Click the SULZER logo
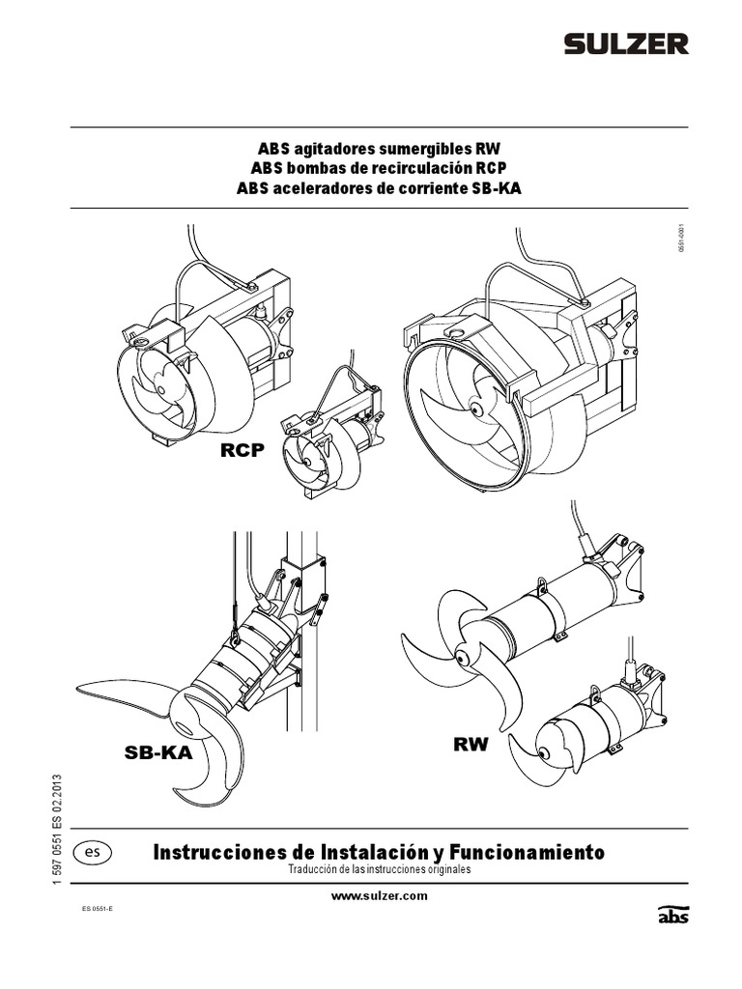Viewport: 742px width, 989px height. click(626, 43)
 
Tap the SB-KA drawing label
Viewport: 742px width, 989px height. click(158, 754)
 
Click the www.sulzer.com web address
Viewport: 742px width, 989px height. click(379, 896)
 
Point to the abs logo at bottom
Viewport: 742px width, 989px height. click(673, 915)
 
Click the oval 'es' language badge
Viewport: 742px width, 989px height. click(92, 853)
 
